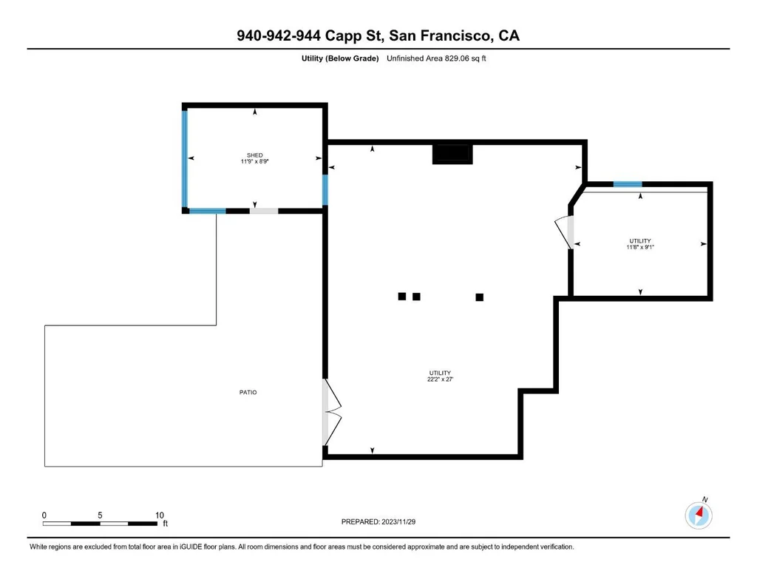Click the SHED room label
pyautogui.click(x=255, y=155)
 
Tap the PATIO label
pyautogui.click(x=248, y=392)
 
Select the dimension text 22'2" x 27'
pyautogui.click(x=440, y=379)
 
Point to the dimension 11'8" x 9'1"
pyautogui.click(x=640, y=247)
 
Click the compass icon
pyautogui.click(x=699, y=515)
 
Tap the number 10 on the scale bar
pyautogui.click(x=160, y=515)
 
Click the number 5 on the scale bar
pyautogui.click(x=100, y=515)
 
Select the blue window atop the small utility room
pyautogui.click(x=628, y=184)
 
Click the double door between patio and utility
pyautogui.click(x=331, y=412)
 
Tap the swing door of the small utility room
pyautogui.click(x=565, y=233)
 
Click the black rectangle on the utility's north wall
pyautogui.click(x=452, y=154)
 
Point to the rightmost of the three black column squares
pyautogui.click(x=479, y=297)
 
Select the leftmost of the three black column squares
pyautogui.click(x=401, y=296)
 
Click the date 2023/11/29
pyautogui.click(x=398, y=521)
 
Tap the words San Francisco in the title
pyautogui.click(x=441, y=35)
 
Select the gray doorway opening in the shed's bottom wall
pyautogui.click(x=264, y=211)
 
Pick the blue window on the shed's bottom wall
pyautogui.click(x=208, y=211)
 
